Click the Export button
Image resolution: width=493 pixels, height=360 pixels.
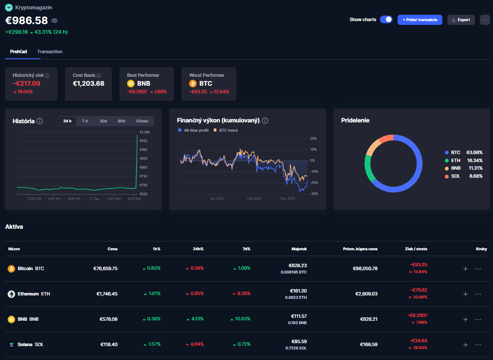coord(461,20)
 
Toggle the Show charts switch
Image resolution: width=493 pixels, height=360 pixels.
coord(386,19)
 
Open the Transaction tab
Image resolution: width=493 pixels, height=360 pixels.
coord(50,51)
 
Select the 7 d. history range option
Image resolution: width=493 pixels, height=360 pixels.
coord(85,121)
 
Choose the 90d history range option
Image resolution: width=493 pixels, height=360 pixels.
coord(122,121)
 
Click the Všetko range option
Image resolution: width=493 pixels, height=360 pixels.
coord(142,121)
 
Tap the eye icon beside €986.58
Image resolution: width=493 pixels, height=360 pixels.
coord(54,21)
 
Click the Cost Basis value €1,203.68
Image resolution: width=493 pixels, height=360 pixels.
coord(89,84)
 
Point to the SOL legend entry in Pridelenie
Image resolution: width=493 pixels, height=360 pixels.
coord(455,176)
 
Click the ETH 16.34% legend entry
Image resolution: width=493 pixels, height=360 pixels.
coord(463,160)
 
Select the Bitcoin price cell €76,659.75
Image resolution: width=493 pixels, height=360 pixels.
coord(105,268)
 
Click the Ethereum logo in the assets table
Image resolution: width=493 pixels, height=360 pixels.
coord(11,294)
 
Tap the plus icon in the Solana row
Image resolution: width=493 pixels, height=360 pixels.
coord(466,344)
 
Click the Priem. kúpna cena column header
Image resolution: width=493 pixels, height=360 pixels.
coord(360,249)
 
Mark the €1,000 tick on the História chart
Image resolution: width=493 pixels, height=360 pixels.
coord(144,132)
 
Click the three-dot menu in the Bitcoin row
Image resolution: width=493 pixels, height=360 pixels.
coord(478,268)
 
